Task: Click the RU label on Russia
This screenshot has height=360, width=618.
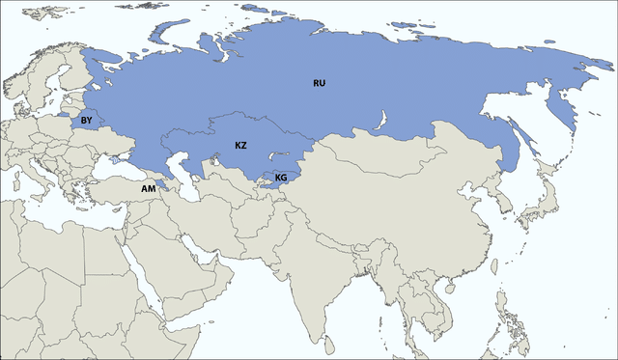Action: pyautogui.click(x=320, y=83)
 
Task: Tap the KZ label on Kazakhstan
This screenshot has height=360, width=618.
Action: pyautogui.click(x=241, y=145)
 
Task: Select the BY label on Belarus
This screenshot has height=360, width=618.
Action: pyautogui.click(x=86, y=121)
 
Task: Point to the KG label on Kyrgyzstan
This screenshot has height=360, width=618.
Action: pyautogui.click(x=281, y=178)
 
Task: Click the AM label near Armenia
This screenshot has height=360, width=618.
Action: pyautogui.click(x=148, y=188)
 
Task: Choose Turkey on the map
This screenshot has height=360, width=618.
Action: pyautogui.click(x=116, y=189)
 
